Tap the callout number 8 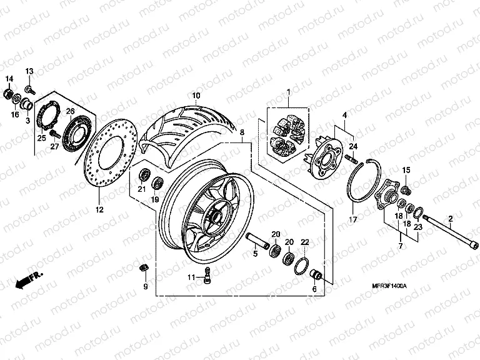pyautogui.click(x=242, y=132)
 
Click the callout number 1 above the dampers pyautogui.click(x=289, y=92)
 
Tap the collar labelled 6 pyautogui.click(x=316, y=274)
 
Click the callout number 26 pyautogui.click(x=71, y=111)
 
